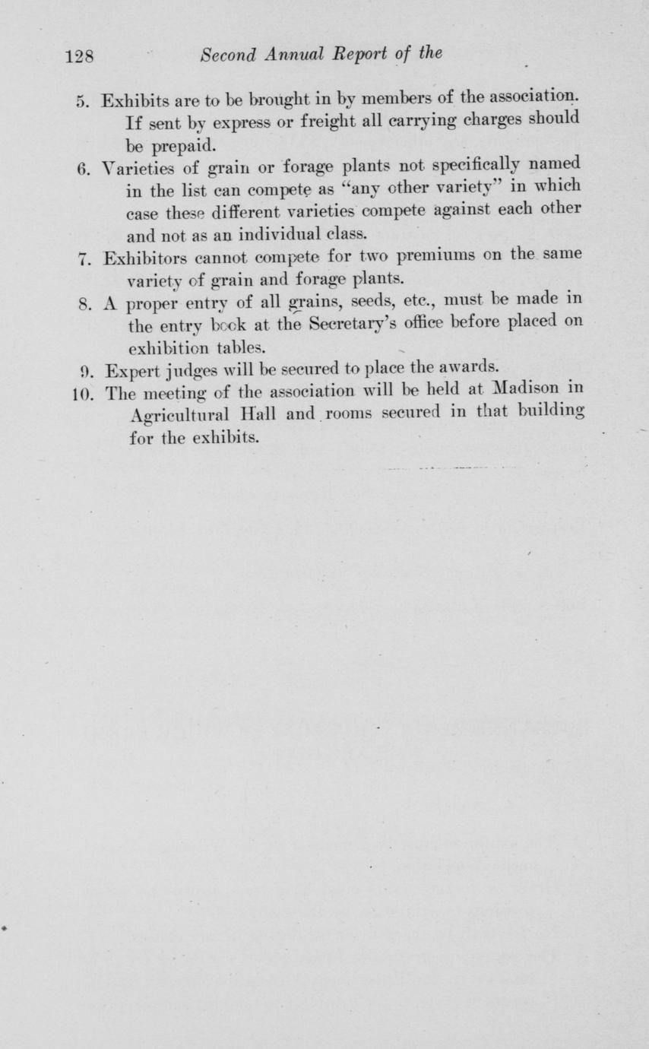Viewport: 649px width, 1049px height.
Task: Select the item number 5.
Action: [84, 102]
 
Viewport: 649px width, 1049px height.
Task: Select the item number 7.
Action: [84, 257]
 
